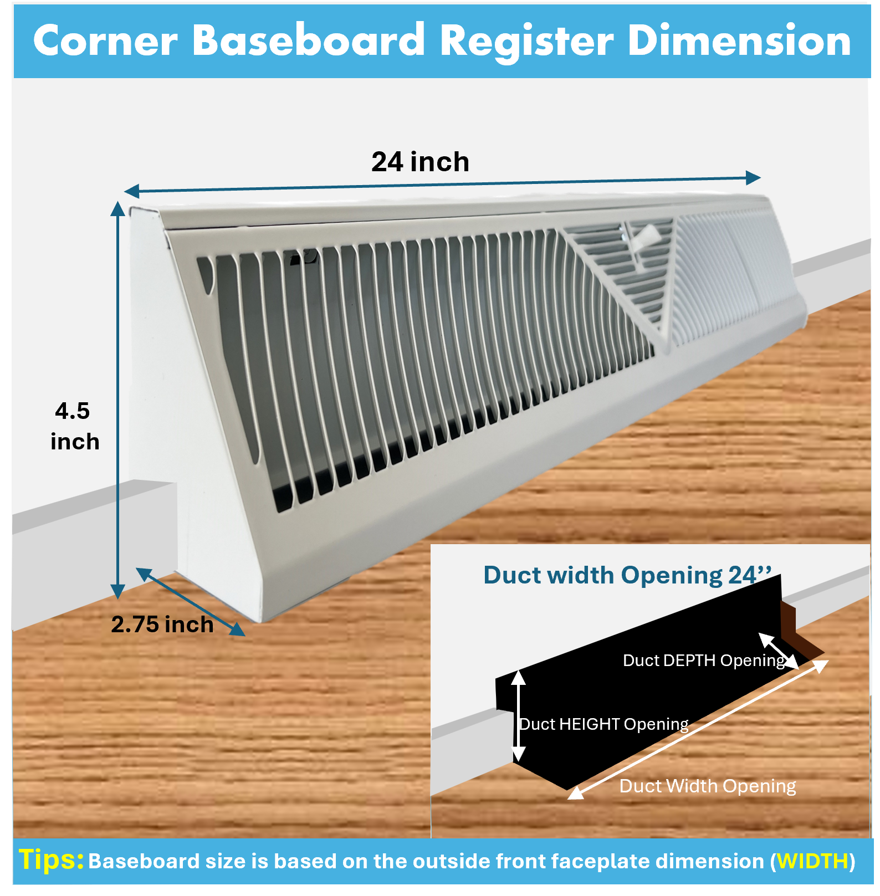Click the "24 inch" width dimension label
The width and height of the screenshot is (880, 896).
[x=420, y=162]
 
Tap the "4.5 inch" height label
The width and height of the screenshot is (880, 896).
[x=74, y=426]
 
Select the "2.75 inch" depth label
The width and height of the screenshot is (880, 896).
[x=162, y=624]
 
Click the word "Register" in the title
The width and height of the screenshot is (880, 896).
[x=526, y=42]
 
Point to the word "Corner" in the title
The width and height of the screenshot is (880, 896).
[x=105, y=41]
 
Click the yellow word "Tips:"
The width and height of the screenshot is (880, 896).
[x=51, y=859]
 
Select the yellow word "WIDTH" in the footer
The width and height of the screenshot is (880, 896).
[x=812, y=861]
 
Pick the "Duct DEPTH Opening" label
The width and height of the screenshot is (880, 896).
[x=704, y=661]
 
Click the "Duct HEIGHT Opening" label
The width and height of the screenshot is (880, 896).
[x=603, y=724]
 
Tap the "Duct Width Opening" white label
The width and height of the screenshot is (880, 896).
[x=708, y=786]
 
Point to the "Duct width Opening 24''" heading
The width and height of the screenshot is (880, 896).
[x=627, y=575]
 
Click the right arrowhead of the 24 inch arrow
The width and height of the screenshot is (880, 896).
[x=753, y=177]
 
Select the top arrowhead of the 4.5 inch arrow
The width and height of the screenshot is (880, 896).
[x=117, y=208]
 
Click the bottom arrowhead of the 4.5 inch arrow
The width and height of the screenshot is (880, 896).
[x=117, y=592]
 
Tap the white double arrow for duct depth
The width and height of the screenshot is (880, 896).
[x=779, y=651]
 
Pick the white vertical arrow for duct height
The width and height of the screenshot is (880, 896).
[x=518, y=716]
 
